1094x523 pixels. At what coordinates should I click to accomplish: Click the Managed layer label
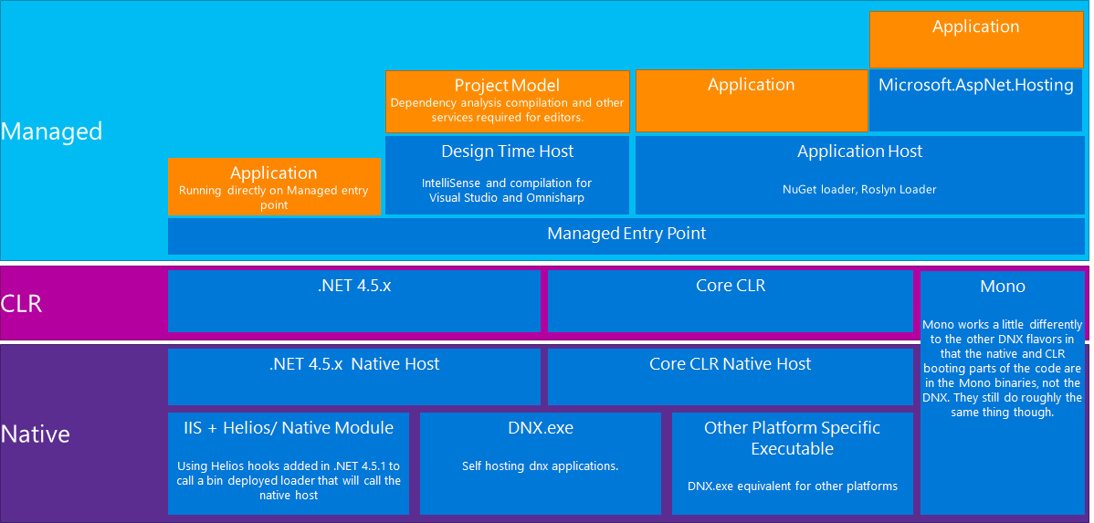click(51, 131)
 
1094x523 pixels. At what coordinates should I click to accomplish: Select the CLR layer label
click(22, 303)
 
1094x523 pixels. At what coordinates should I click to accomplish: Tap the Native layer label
click(36, 434)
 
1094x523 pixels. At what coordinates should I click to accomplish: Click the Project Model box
click(507, 101)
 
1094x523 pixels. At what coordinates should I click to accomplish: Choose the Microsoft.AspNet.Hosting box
click(975, 86)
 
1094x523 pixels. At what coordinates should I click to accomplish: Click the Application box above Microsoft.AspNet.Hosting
click(975, 27)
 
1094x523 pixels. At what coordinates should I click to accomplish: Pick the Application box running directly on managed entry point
click(274, 187)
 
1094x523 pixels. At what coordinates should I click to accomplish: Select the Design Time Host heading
click(507, 152)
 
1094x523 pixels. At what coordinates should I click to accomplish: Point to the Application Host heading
click(859, 152)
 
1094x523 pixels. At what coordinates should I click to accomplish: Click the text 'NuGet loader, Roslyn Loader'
click(859, 190)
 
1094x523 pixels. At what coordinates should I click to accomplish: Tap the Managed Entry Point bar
click(626, 234)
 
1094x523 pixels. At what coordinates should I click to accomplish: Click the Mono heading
click(1002, 287)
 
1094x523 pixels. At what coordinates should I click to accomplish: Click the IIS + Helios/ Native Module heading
click(288, 428)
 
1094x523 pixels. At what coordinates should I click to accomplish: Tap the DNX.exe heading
click(540, 428)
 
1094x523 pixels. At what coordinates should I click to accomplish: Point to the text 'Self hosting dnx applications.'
click(540, 466)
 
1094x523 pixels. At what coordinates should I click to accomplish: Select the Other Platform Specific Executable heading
click(792, 438)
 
